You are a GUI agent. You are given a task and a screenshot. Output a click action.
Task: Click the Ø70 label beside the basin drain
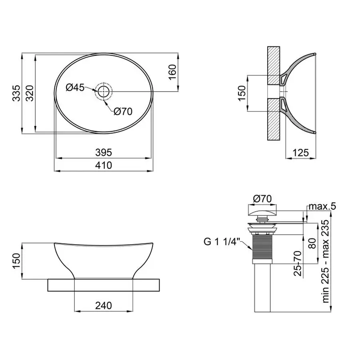[x=122, y=112]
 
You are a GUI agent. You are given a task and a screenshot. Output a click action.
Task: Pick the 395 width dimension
[x=103, y=152]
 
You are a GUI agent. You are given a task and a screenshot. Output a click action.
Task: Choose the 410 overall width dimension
[x=103, y=165]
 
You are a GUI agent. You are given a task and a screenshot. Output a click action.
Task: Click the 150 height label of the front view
[x=16, y=261]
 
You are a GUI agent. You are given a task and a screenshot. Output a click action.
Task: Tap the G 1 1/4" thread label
[x=221, y=241]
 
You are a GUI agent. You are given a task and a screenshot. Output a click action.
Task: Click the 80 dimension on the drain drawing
[x=312, y=243]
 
